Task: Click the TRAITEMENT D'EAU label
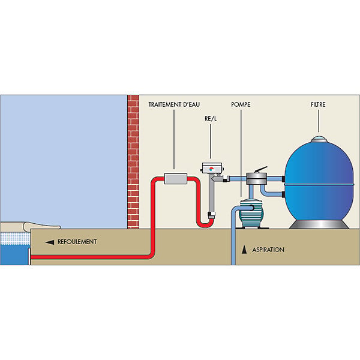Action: click(x=174, y=104)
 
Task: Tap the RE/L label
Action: click(x=211, y=119)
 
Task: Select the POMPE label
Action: click(x=241, y=104)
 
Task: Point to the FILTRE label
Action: click(x=318, y=104)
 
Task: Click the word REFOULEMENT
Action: click(x=77, y=242)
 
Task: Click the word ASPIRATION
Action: click(x=268, y=250)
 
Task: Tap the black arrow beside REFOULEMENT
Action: click(x=50, y=242)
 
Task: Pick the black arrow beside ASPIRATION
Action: click(x=244, y=250)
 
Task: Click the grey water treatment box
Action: click(x=176, y=179)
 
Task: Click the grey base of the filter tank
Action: click(x=319, y=224)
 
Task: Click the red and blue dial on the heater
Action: click(x=211, y=169)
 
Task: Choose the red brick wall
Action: click(x=133, y=162)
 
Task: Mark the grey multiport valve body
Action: click(x=256, y=179)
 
